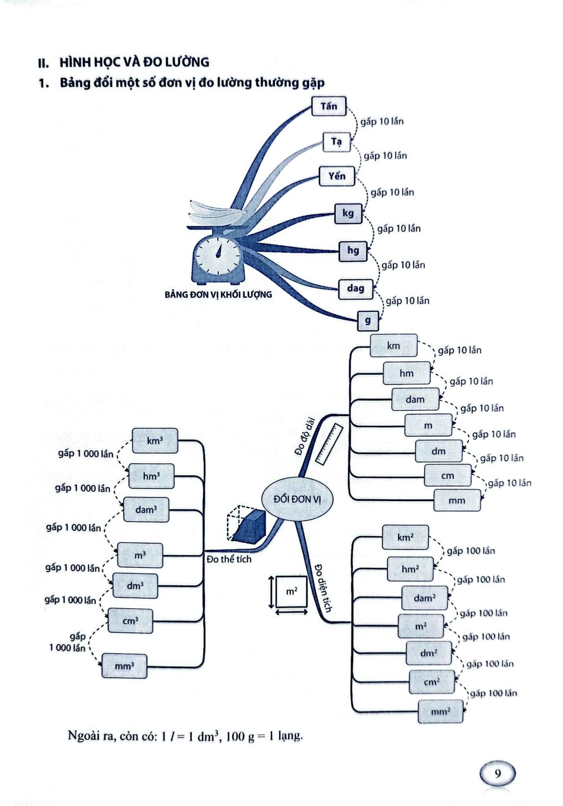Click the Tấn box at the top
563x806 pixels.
[x=329, y=106]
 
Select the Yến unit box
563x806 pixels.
[x=337, y=176]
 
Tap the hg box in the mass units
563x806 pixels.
[x=353, y=251]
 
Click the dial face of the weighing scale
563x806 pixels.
[x=218, y=255]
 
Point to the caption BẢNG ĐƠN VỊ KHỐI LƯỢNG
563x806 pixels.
[x=219, y=294]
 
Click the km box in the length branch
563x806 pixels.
[x=394, y=346]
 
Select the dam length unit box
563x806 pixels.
[x=415, y=399]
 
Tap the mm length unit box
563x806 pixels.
[x=457, y=500]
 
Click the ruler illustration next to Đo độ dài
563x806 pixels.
[x=329, y=444]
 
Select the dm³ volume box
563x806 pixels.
[x=135, y=586]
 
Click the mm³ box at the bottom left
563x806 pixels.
[x=124, y=666]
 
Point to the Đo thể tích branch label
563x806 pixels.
[x=229, y=559]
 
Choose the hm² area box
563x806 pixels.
[x=410, y=569]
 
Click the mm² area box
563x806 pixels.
[x=441, y=712]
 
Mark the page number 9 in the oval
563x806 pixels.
[x=498, y=774]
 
